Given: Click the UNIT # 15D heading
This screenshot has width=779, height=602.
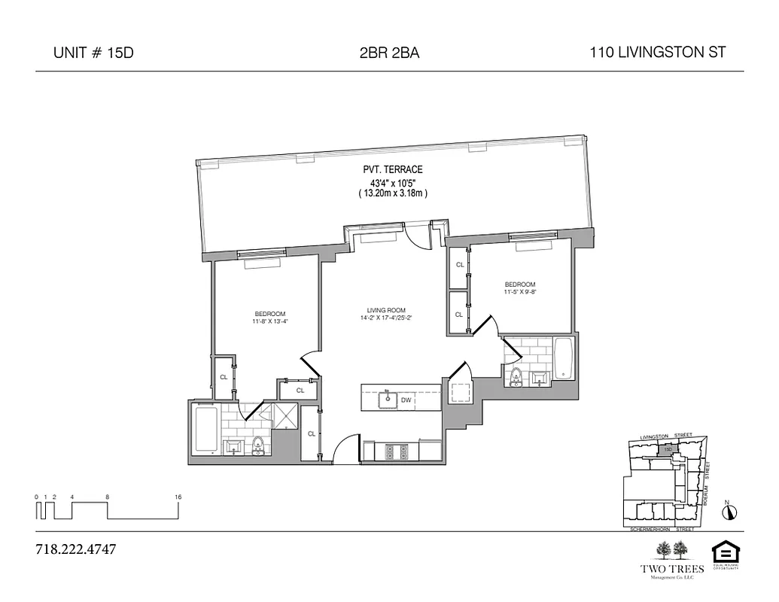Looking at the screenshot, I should (94, 53).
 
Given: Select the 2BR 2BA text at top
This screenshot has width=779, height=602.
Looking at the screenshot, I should (389, 53).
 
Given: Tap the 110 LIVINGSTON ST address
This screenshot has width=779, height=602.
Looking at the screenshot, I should (657, 53).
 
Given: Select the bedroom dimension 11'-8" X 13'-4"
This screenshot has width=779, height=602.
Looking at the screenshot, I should (270, 322).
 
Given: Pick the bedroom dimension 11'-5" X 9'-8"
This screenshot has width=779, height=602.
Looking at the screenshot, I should (519, 292).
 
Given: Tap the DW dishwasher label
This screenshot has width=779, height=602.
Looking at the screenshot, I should (406, 400).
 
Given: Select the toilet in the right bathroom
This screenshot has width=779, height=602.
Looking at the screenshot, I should (516, 376).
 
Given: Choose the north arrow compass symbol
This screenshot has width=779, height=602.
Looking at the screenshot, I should (729, 512).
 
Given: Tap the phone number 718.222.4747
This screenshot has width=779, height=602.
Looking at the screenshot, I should (75, 549).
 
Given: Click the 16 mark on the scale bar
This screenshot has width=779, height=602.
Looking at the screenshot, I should (178, 497).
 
